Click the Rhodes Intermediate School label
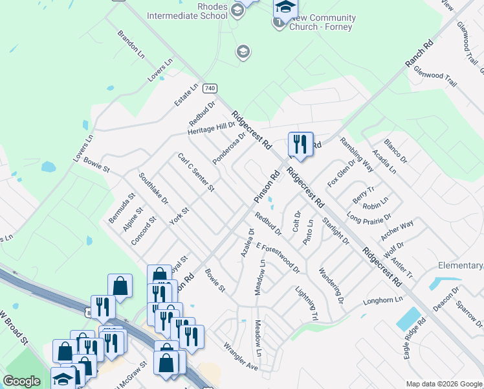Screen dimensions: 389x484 click(187, 11)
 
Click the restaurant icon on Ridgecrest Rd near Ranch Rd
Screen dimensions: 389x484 click(300, 144)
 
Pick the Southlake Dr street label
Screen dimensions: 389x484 click(153, 188)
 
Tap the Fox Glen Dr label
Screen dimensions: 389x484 click(341, 173)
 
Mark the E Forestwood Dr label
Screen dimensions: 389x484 click(278, 257)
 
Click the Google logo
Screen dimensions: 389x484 click(21, 381)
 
